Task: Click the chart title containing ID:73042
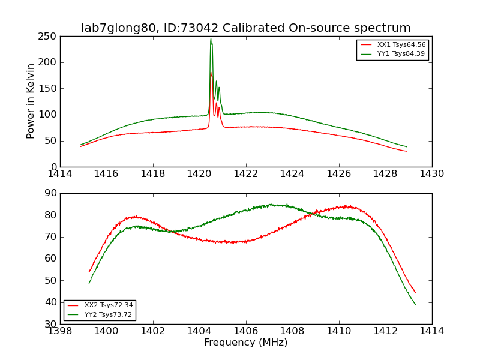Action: point(246,28)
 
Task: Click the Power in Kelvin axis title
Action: point(31,101)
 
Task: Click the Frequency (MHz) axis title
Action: point(246,343)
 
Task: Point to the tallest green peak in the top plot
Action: point(211,40)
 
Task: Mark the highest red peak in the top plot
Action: point(211,73)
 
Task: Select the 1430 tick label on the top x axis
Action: point(432,174)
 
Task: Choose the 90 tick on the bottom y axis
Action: point(50,193)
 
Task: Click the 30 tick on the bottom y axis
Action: point(50,324)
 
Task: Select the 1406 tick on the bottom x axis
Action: point(246,331)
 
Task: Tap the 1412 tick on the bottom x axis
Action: point(385,331)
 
